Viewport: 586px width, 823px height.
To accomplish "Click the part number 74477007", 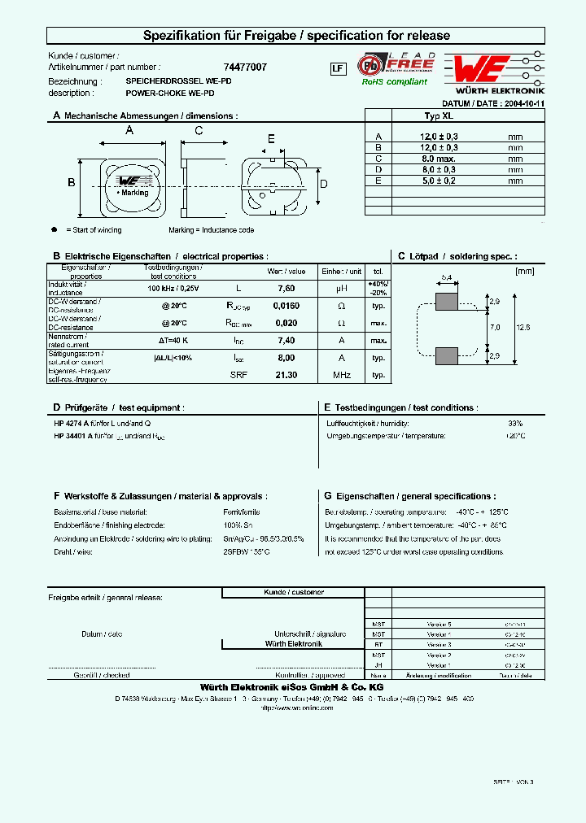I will point(244,67).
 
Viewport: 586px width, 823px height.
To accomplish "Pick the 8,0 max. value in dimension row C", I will point(439,159).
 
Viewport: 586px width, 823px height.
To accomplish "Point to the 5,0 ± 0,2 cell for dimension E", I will point(439,181).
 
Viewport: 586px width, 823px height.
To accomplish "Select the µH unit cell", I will point(342,288).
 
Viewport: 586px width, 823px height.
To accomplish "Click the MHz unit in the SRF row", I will point(342,375).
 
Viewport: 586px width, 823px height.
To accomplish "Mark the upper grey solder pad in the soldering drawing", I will point(447,302).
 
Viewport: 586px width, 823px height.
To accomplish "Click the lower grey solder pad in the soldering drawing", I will point(447,355).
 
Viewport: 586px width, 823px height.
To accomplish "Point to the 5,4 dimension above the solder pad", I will point(446,278).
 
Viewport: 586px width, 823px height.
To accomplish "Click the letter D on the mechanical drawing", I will point(323,184).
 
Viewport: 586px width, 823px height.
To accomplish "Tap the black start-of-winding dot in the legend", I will point(55,230).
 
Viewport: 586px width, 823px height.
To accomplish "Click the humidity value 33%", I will point(515,424).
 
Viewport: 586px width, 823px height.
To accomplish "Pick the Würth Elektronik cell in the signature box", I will point(293,643).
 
